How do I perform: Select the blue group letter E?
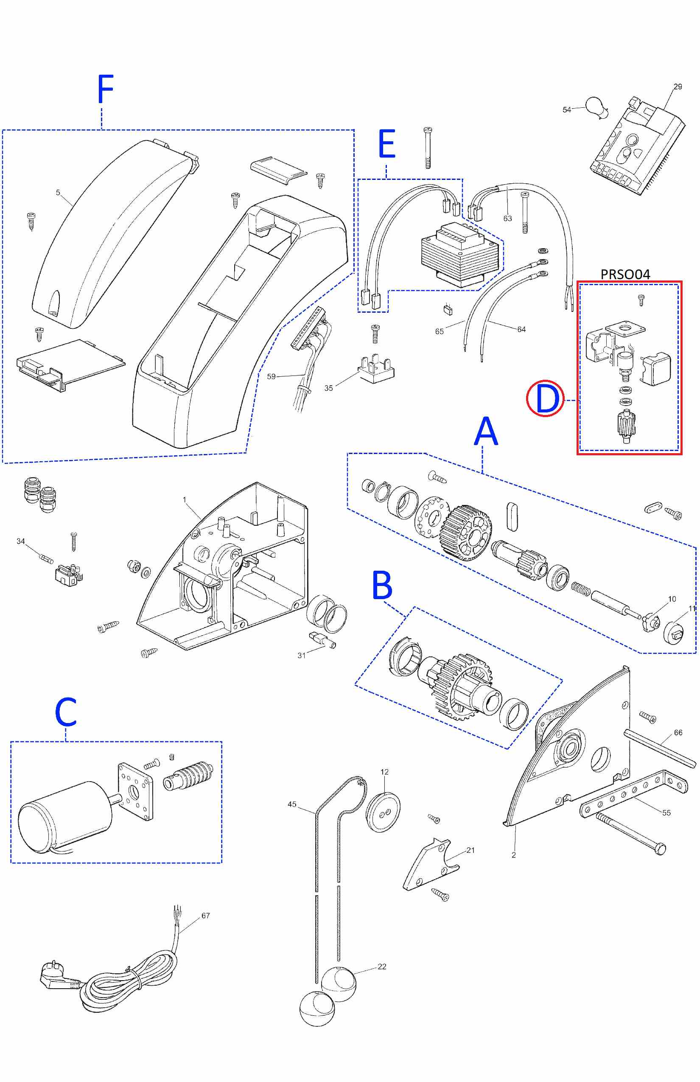click(387, 144)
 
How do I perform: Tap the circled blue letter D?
click(545, 398)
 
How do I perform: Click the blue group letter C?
click(66, 712)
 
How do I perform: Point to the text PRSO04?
click(625, 274)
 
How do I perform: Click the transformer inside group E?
click(462, 255)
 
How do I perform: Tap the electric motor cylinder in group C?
click(64, 816)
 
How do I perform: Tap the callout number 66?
click(678, 732)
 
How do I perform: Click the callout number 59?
click(271, 376)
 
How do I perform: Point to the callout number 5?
click(58, 192)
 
